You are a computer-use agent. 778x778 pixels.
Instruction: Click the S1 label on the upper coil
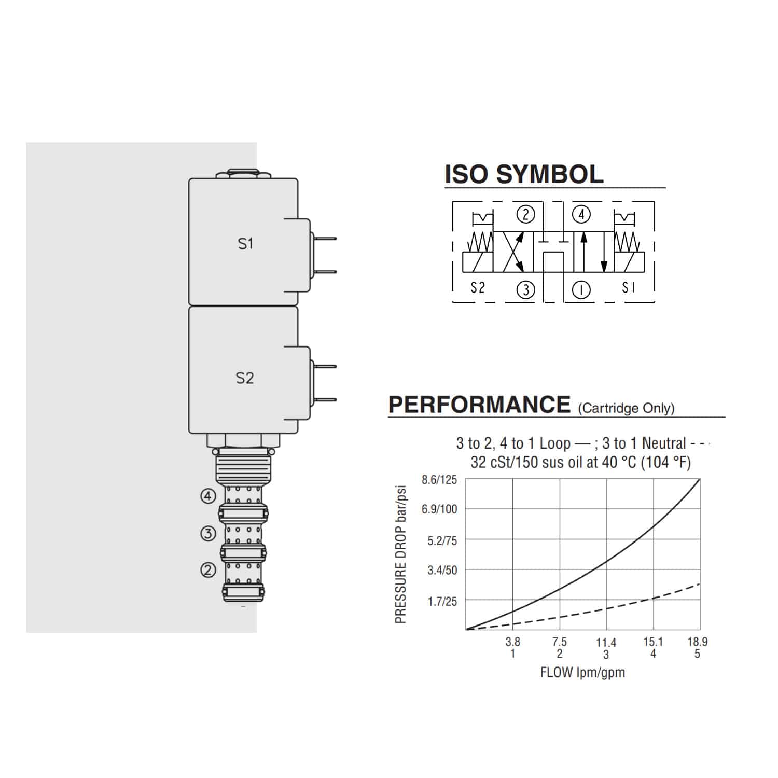point(245,243)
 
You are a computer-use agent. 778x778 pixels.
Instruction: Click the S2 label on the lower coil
point(245,378)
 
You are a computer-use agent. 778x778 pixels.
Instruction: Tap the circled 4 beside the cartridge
point(208,496)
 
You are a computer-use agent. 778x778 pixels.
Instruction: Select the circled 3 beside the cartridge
point(208,533)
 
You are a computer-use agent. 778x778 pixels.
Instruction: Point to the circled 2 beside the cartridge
point(208,570)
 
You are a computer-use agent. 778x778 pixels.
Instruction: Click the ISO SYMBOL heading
point(524,174)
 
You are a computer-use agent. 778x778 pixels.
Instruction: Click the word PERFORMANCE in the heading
point(479,405)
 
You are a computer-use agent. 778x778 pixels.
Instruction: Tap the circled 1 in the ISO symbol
point(581,289)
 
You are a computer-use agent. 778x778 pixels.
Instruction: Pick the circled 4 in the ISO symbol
point(581,214)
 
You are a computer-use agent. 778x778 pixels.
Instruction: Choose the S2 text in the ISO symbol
point(477,287)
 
